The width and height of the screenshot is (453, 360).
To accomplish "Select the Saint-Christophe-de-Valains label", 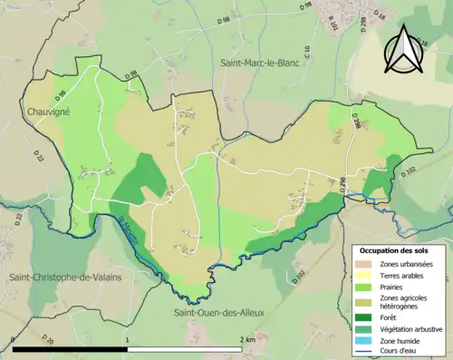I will [x=59, y=276].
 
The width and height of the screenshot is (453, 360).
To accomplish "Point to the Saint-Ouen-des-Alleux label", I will [x=219, y=313].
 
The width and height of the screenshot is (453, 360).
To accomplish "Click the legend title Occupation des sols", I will [x=396, y=251].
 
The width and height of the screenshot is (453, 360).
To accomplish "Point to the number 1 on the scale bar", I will [x=128, y=339].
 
